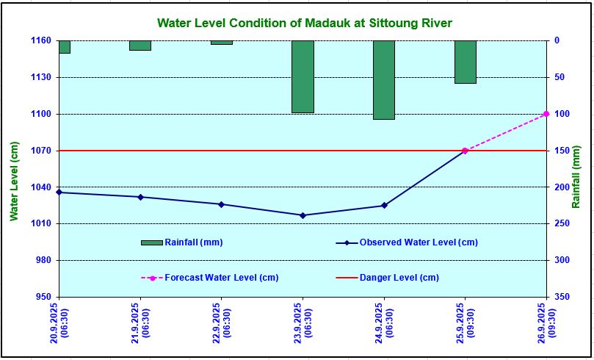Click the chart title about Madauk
pos(305,24)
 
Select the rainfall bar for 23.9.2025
pos(303,76)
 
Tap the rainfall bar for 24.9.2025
pos(384,79)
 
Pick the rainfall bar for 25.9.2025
pos(465,62)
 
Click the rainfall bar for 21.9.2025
pos(140,46)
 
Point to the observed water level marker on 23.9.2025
pos(303,215)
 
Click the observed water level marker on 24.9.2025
pos(384,205)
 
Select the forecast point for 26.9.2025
pos(546,114)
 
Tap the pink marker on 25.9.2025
pos(465,151)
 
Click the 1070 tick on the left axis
pos(40,151)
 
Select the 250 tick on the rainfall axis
pos(561,223)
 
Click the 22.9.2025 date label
pos(221,321)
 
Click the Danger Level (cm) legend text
pos(399,278)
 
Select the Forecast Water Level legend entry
pos(221,278)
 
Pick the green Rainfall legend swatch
pos(151,242)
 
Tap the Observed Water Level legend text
pos(418,242)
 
